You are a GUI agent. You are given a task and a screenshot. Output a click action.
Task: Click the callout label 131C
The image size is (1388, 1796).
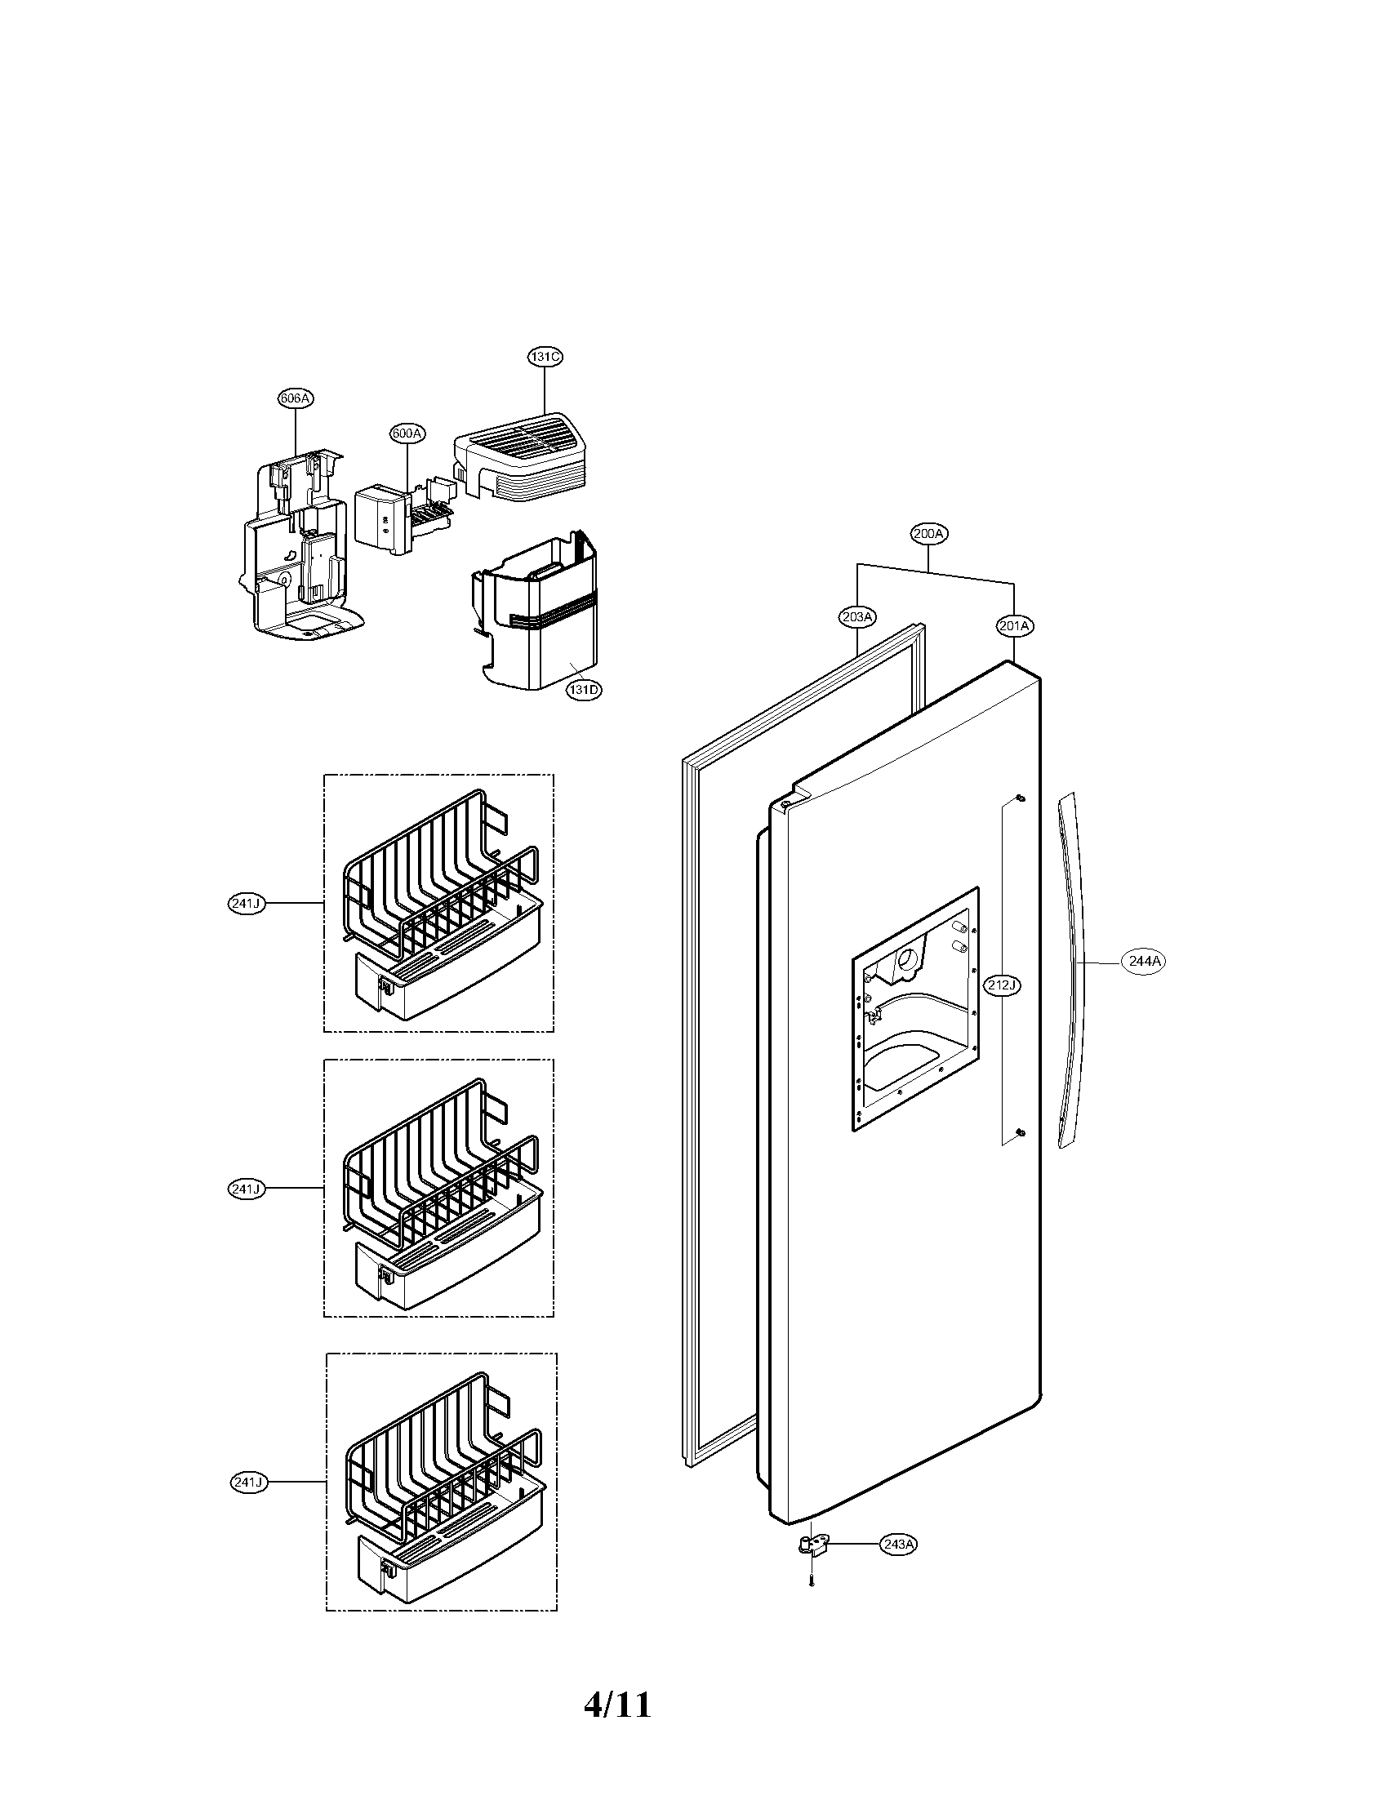[x=545, y=357]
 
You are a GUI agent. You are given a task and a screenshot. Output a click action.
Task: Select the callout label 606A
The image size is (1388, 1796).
[x=296, y=399]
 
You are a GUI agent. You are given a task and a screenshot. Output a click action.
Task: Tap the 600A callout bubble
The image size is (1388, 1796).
[x=408, y=433]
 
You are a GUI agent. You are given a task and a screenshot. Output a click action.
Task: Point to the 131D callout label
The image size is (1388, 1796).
[x=583, y=690]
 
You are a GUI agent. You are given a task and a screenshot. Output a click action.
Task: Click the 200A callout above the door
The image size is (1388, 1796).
[x=929, y=534]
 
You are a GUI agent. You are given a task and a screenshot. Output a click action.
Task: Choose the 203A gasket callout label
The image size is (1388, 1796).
[x=856, y=616]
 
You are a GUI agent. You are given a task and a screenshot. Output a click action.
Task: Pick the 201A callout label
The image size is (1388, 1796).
[x=1014, y=627]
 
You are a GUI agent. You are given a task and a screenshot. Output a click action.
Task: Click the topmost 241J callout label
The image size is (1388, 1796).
[x=246, y=904]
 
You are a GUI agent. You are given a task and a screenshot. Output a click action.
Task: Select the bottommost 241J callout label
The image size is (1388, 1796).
[x=248, y=1482]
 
